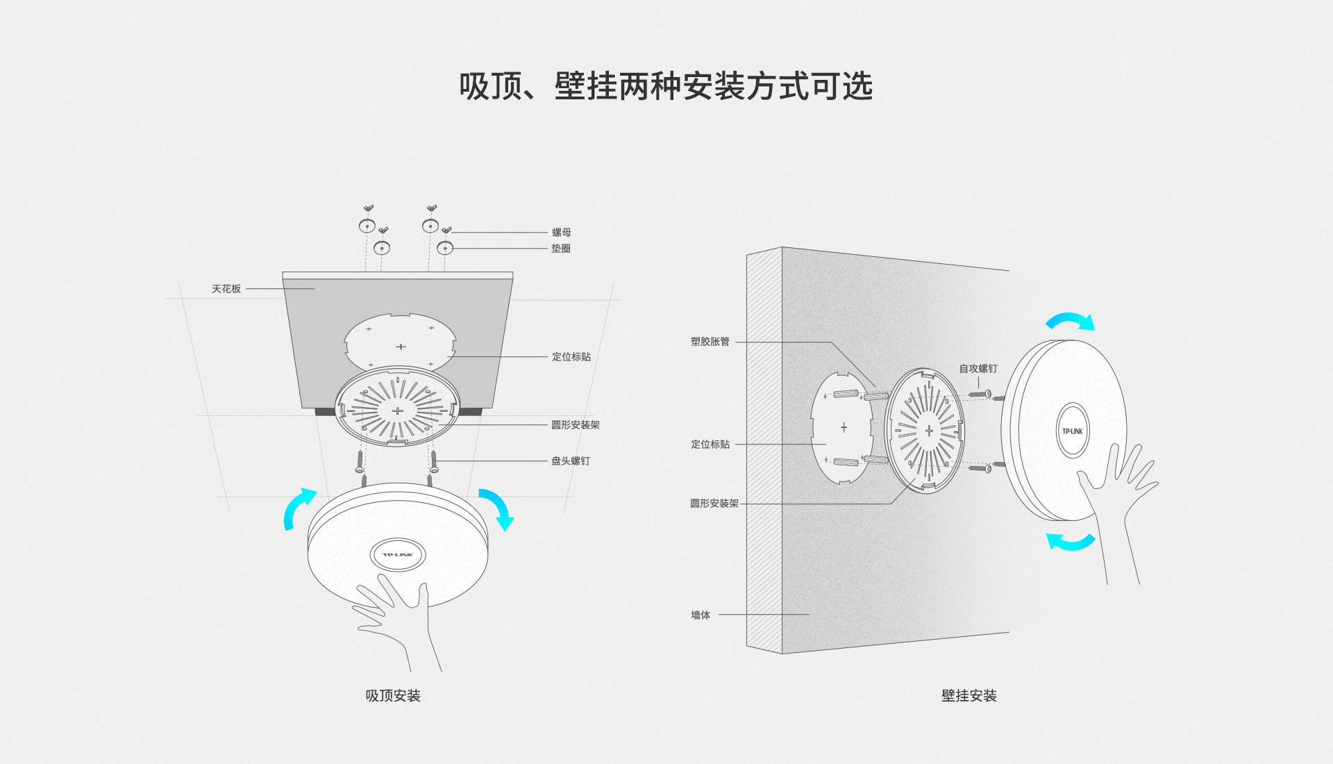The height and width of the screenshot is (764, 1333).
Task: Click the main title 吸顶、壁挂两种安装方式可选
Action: (x=665, y=87)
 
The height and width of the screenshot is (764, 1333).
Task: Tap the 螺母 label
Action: (x=561, y=233)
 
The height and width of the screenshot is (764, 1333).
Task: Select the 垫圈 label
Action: (x=561, y=249)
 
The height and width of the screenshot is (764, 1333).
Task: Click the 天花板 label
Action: (x=226, y=289)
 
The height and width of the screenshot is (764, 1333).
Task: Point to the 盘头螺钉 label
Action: (x=571, y=461)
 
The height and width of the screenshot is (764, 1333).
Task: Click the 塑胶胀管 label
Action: (x=710, y=342)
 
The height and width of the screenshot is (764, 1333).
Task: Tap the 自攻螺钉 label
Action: (x=978, y=369)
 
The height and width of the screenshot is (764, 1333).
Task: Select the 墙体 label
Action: (x=701, y=615)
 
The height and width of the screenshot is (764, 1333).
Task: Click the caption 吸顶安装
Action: (x=393, y=696)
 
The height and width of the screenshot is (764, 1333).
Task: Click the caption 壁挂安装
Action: (x=969, y=696)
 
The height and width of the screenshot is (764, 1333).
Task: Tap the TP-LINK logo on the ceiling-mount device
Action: (x=398, y=555)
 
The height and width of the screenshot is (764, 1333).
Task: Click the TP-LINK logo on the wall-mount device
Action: (x=1073, y=431)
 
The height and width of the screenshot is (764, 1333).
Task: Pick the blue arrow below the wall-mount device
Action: (x=1070, y=541)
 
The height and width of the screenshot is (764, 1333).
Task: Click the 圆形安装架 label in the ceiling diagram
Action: (x=575, y=425)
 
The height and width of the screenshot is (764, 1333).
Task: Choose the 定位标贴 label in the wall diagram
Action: (x=710, y=445)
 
